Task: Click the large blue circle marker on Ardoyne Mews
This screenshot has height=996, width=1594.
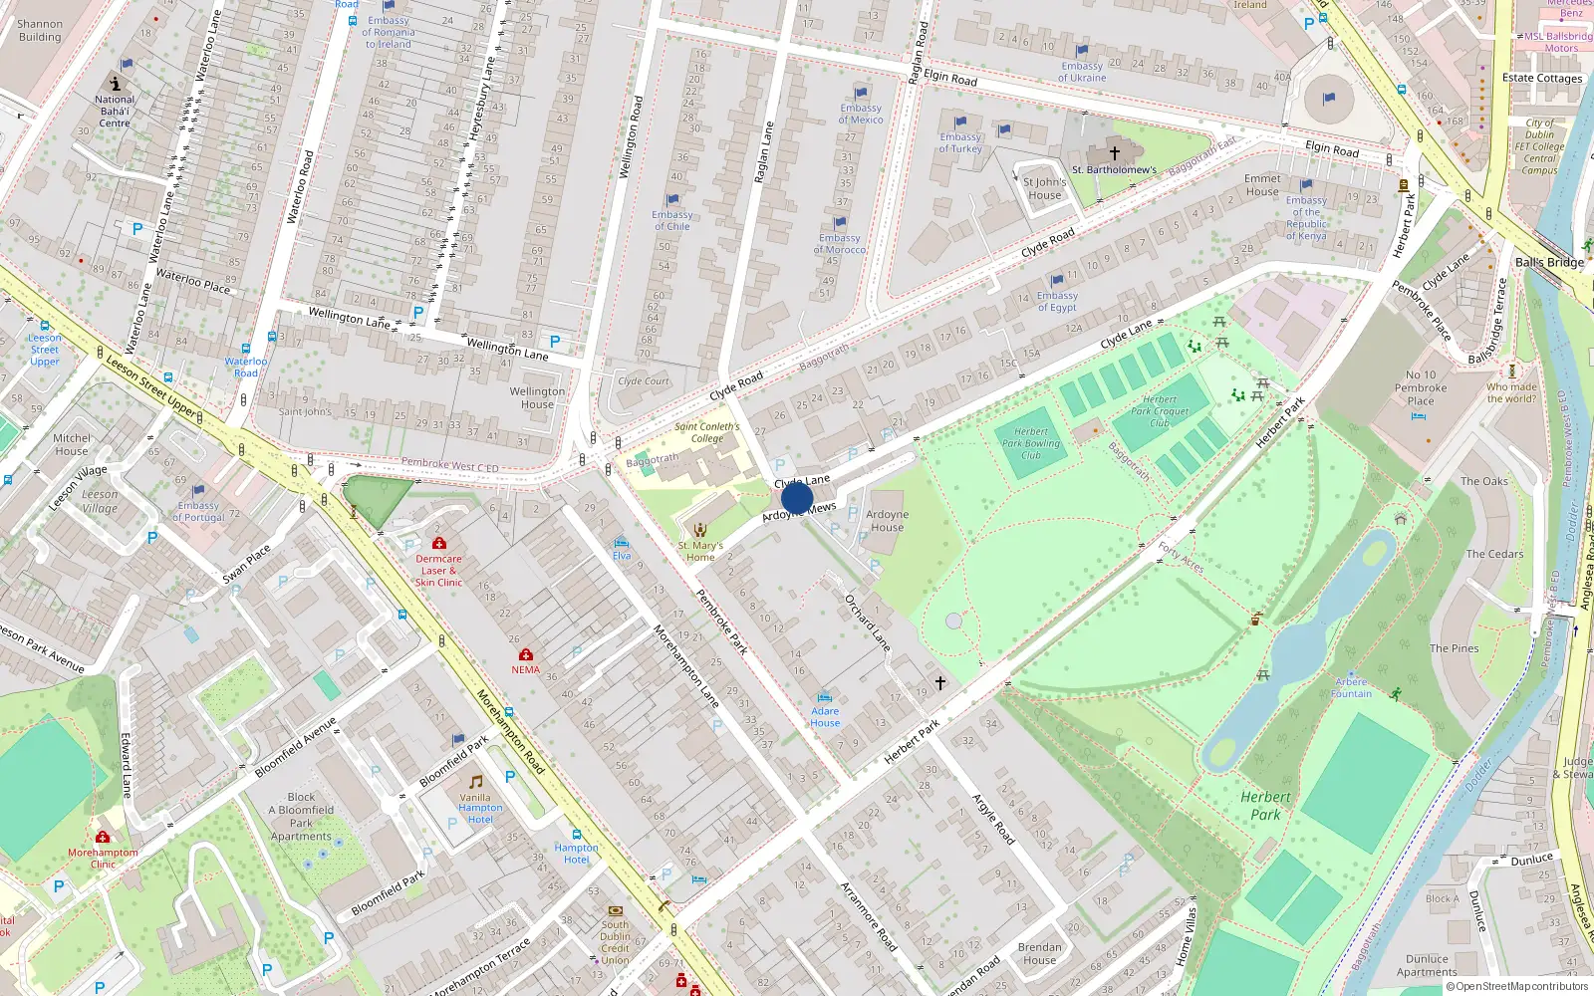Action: click(x=797, y=498)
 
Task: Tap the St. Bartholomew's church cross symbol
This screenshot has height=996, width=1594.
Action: click(x=1115, y=152)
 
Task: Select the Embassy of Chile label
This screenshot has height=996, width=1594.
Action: click(x=671, y=220)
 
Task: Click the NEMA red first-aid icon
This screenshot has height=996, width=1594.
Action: click(x=526, y=654)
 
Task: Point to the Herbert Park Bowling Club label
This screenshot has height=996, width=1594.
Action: click(x=1030, y=443)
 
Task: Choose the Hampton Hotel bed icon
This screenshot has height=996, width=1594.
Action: click(x=577, y=834)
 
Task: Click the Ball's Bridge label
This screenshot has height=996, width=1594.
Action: click(x=1548, y=262)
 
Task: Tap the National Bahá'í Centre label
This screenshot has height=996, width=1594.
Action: click(x=115, y=111)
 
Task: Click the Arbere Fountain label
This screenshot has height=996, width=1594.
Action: click(x=1351, y=688)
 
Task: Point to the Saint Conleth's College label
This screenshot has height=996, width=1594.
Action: click(x=706, y=432)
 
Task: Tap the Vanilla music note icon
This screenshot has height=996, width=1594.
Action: click(x=475, y=782)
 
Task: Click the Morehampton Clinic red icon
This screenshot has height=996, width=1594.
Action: click(x=103, y=838)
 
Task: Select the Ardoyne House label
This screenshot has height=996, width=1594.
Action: click(x=887, y=521)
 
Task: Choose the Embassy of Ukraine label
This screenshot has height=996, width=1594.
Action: click(x=1082, y=72)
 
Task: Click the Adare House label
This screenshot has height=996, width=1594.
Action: click(x=825, y=717)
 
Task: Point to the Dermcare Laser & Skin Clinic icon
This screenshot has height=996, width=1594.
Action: click(x=438, y=543)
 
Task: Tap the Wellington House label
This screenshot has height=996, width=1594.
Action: click(x=537, y=397)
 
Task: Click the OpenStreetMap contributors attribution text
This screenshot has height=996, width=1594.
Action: click(x=1521, y=986)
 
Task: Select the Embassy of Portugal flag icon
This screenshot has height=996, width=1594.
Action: click(x=198, y=490)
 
